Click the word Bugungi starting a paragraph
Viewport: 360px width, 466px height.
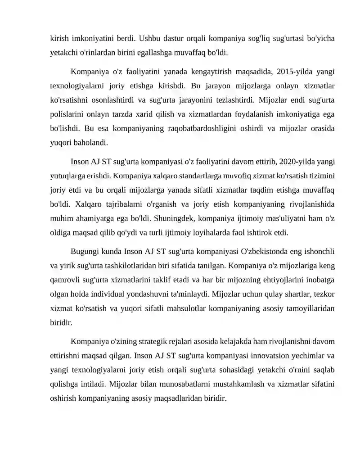coord(85,251)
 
